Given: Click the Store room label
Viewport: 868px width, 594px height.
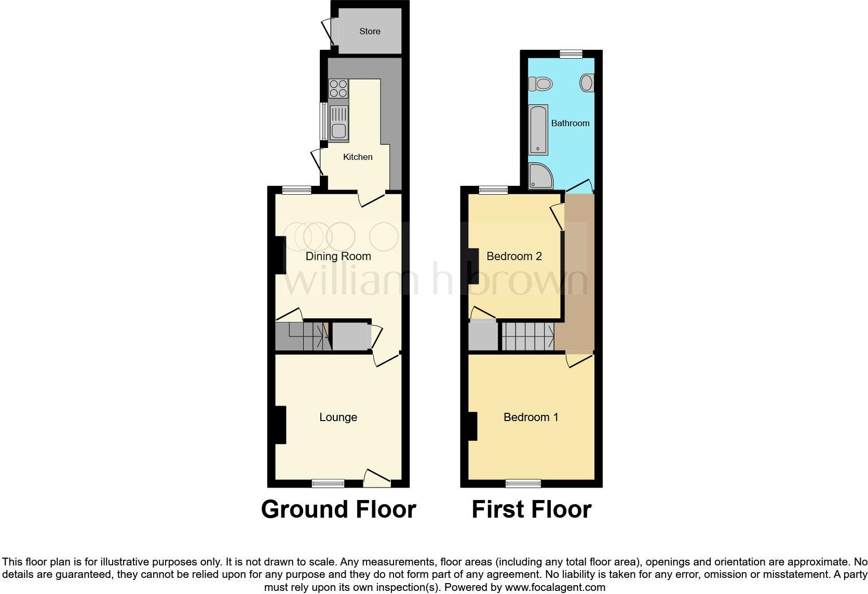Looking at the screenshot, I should click(370, 31).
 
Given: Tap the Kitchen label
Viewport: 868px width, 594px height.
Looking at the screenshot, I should click(358, 157).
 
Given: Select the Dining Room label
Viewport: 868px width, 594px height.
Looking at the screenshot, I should click(338, 256).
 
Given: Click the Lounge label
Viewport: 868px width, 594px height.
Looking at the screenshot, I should click(338, 417).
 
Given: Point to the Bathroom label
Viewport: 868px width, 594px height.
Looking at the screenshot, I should click(570, 123).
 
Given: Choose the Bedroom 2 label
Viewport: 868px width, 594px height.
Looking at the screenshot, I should click(514, 256).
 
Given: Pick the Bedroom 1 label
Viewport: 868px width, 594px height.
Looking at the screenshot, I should click(531, 417).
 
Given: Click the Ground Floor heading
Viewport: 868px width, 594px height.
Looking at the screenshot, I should click(338, 509).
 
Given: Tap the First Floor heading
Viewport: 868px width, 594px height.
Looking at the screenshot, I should click(531, 509).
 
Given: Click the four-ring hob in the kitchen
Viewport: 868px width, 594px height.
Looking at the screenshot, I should click(338, 88).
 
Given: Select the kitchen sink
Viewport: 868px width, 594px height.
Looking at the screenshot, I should click(338, 123).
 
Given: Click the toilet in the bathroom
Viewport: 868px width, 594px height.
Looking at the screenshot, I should click(541, 83).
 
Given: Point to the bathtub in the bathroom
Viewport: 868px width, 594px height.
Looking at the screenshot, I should click(538, 130).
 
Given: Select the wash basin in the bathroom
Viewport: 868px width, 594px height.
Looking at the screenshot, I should click(587, 83).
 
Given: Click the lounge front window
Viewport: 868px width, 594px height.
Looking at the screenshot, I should click(328, 483).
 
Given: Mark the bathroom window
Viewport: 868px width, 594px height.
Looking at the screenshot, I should click(571, 53).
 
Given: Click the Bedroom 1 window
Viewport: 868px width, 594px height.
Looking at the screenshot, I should click(523, 483).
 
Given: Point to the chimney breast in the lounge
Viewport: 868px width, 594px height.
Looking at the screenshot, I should click(280, 425).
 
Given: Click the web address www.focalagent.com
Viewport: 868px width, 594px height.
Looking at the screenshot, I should click(555, 587).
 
